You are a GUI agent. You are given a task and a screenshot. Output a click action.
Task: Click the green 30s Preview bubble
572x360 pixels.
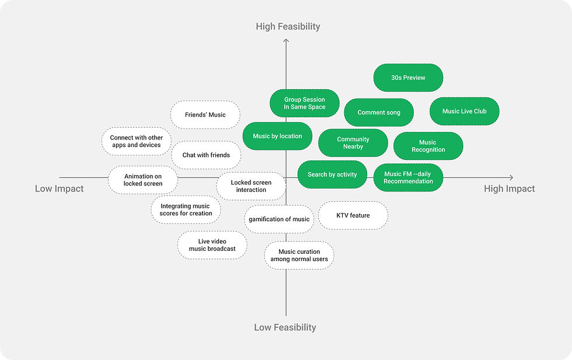(408, 78)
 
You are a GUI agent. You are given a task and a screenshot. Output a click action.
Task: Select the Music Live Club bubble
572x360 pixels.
(464, 111)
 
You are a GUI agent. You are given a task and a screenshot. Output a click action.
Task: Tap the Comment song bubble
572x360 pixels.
(379, 113)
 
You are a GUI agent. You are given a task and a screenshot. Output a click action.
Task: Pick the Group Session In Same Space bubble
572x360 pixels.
(304, 103)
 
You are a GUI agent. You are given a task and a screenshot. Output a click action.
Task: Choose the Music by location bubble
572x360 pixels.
(277, 137)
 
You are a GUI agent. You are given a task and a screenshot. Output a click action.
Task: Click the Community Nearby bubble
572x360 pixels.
(353, 143)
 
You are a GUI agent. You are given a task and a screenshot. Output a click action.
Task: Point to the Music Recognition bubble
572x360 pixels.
(428, 146)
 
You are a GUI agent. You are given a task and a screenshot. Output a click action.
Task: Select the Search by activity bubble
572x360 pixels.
(332, 174)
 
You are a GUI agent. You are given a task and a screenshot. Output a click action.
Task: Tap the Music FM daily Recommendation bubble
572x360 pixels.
(408, 177)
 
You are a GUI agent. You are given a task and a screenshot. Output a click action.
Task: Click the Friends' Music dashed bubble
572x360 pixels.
(205, 115)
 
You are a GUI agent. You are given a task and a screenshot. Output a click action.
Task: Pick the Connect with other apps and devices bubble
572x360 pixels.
(136, 141)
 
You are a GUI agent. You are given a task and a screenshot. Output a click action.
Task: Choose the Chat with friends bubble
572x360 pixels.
(206, 155)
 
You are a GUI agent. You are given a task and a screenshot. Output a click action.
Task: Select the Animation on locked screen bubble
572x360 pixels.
(142, 180)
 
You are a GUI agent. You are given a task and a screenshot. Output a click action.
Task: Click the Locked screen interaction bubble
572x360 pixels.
(251, 186)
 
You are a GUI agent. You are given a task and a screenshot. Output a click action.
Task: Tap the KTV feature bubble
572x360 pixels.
(353, 215)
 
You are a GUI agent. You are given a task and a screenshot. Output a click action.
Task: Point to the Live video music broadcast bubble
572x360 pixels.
(212, 245)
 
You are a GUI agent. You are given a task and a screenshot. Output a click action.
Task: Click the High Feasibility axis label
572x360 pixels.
(288, 26)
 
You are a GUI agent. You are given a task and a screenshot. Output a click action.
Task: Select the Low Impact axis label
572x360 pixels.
(59, 188)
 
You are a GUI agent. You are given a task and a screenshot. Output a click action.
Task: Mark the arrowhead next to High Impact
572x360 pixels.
(511, 177)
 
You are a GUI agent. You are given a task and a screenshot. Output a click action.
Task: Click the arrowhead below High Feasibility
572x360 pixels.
(286, 41)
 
